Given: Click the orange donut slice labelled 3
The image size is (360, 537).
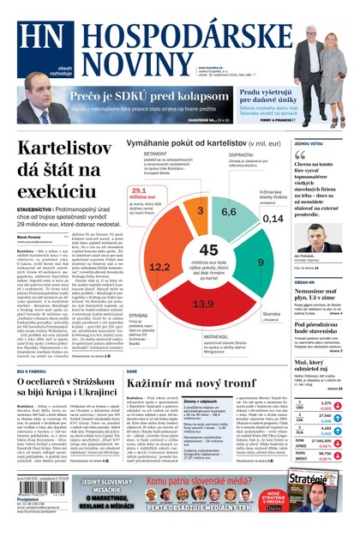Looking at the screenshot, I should point(200,210).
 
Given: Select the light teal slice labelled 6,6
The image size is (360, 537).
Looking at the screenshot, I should point(229,211).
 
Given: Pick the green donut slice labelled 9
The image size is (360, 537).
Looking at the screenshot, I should point(260,261).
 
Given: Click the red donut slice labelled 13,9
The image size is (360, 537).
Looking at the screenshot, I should point(203,304).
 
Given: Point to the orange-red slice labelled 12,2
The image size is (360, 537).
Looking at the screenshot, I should point(159,267).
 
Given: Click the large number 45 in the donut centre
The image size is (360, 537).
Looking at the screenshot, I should point(208,250).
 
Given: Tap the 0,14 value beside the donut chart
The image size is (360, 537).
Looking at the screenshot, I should point(273,220).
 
